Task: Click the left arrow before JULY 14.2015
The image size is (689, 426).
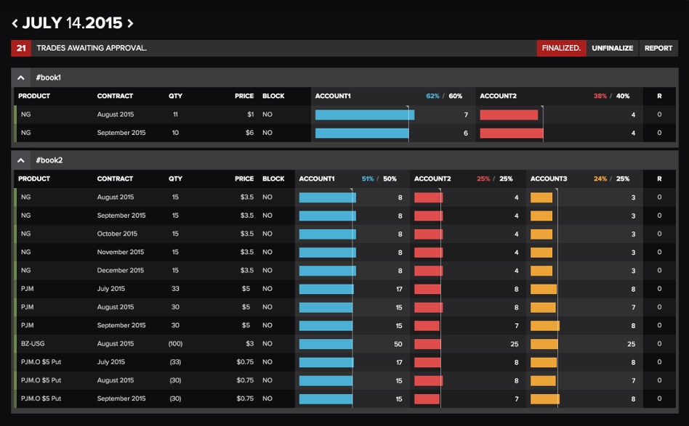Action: point(15,23)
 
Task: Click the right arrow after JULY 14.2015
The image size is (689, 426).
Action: point(130,23)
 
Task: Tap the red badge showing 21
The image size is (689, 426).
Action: point(21,48)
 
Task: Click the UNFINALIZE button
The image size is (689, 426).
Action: point(612,48)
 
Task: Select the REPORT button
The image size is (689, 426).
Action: point(658,48)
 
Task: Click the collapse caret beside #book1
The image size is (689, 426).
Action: point(22,77)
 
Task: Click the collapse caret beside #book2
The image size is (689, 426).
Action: point(22,160)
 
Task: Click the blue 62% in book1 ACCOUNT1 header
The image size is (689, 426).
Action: point(433,96)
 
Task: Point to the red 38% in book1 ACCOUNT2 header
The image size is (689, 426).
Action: point(600,96)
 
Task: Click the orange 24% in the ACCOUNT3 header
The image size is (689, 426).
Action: point(600,179)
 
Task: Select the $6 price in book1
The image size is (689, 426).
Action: point(249,133)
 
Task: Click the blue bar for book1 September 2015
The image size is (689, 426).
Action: point(361,133)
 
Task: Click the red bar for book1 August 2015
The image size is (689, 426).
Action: point(509,115)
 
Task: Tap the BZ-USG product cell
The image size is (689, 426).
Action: point(31,343)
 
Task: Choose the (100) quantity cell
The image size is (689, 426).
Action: point(175,343)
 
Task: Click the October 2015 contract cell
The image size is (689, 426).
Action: point(117,234)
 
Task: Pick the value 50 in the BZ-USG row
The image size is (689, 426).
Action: point(398,343)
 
